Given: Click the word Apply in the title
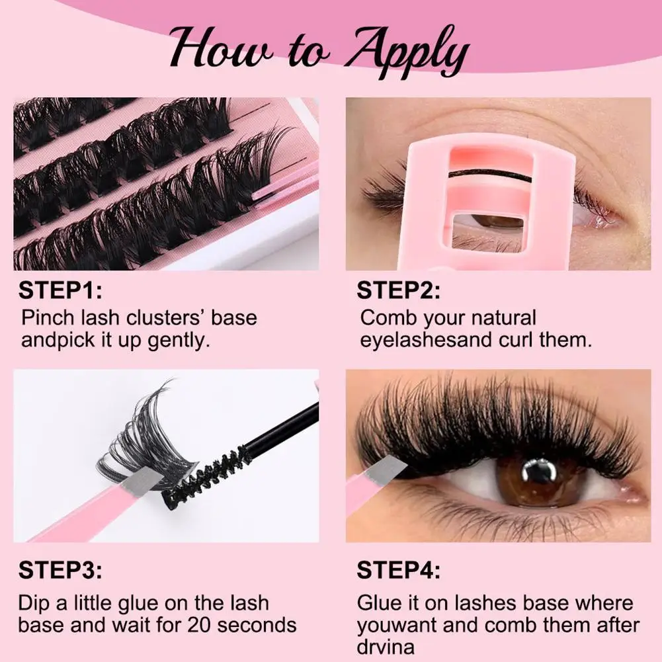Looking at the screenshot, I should click(x=404, y=52).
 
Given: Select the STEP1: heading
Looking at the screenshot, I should click(x=60, y=290).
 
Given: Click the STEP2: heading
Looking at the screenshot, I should click(x=398, y=290).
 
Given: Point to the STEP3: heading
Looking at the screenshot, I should click(x=60, y=569).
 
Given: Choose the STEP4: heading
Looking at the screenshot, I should click(x=398, y=569).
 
